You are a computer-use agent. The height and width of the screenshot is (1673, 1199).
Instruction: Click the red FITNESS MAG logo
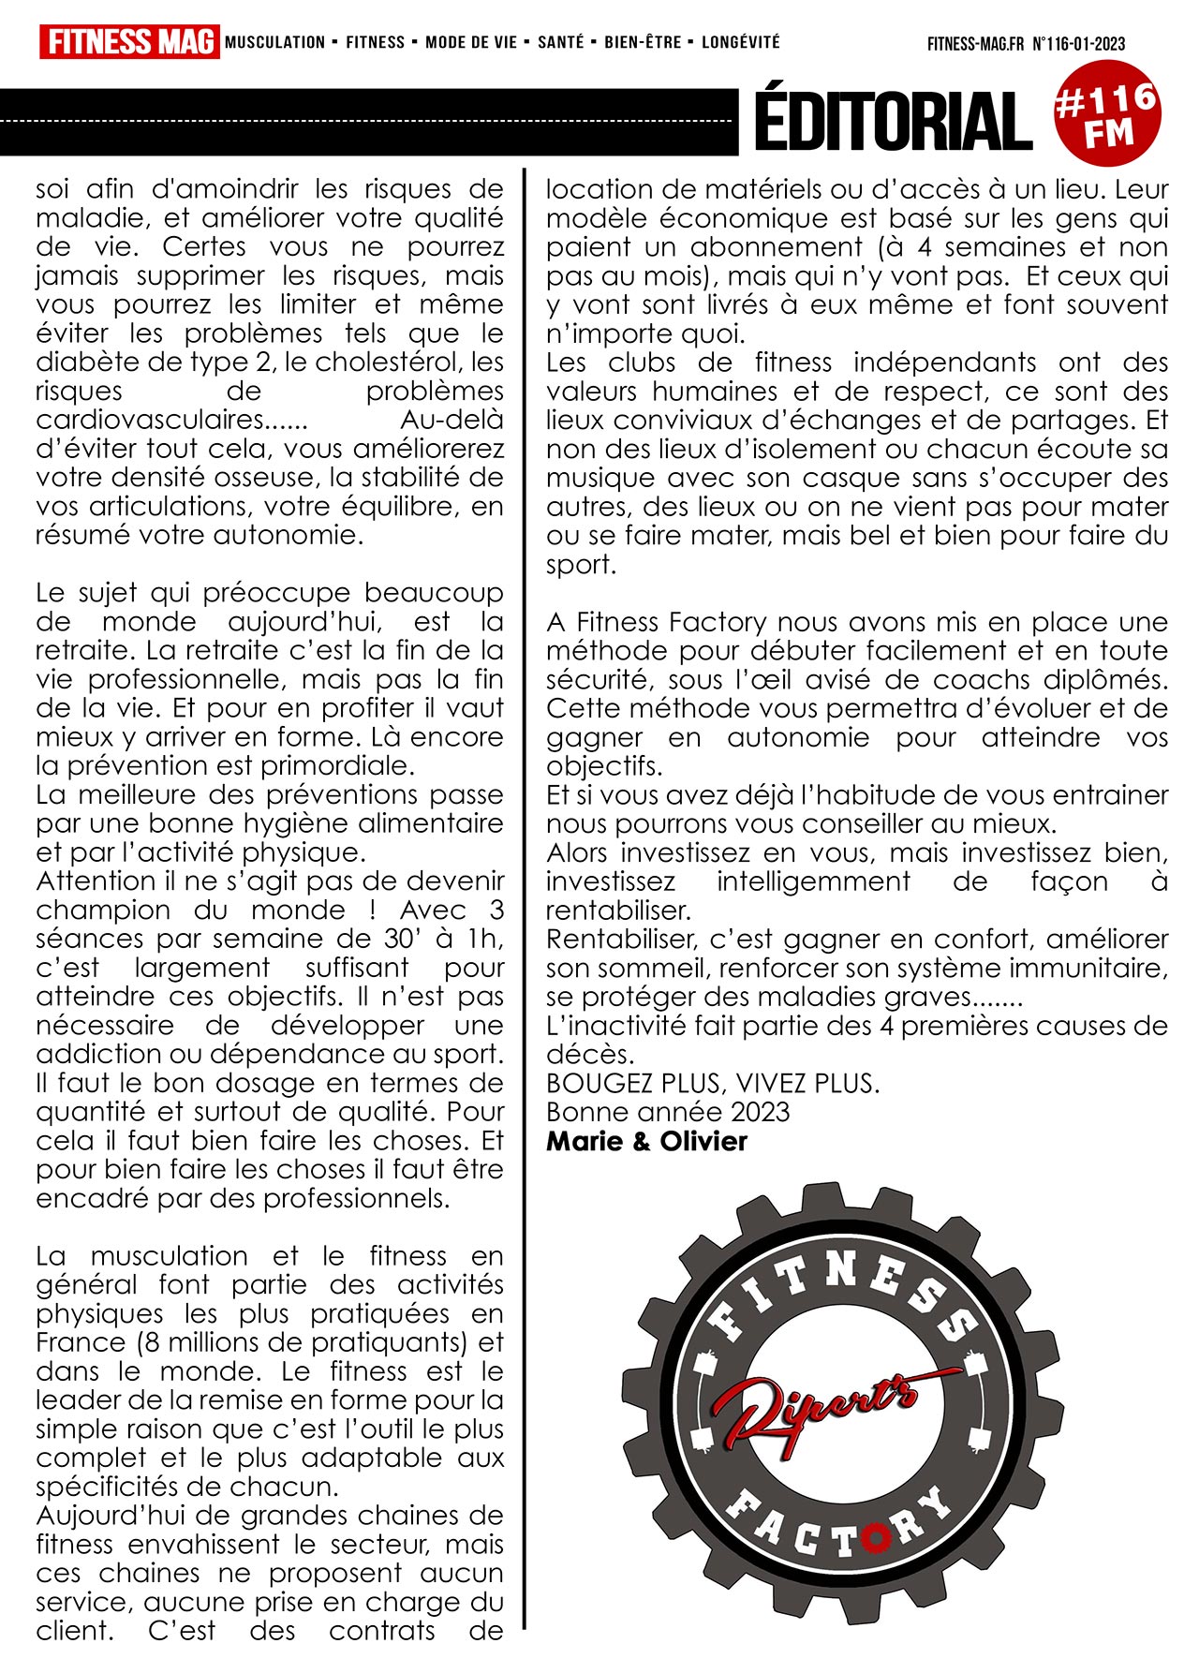pyautogui.click(x=129, y=42)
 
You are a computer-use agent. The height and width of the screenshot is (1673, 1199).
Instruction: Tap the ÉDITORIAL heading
pyautogui.click(x=893, y=121)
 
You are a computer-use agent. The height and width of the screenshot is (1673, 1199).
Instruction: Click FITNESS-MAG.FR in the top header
pyautogui.click(x=975, y=44)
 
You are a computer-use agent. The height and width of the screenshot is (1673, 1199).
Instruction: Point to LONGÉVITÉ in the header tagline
pyautogui.click(x=740, y=42)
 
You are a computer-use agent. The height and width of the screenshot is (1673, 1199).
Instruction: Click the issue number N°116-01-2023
pyautogui.click(x=1078, y=44)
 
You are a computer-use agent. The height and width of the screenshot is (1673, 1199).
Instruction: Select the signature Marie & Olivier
pyautogui.click(x=646, y=1141)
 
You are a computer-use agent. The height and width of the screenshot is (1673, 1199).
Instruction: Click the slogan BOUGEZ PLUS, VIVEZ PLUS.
pyautogui.click(x=713, y=1083)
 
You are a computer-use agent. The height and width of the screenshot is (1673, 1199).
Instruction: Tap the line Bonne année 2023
pyautogui.click(x=668, y=1112)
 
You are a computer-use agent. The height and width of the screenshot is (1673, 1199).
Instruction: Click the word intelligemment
pyautogui.click(x=813, y=881)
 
